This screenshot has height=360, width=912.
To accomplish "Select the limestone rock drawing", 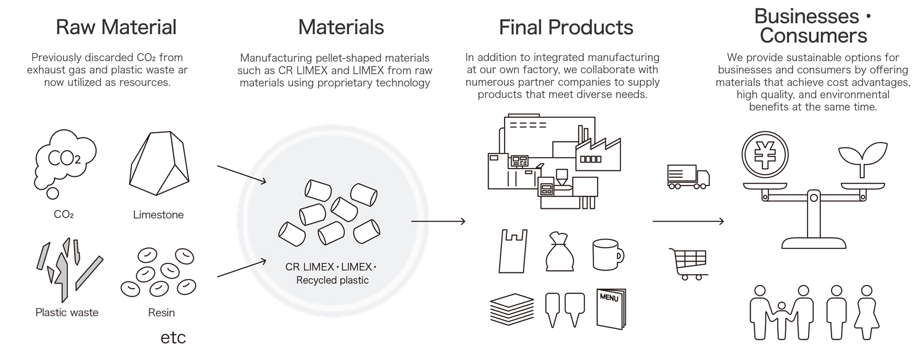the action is pyautogui.click(x=159, y=163).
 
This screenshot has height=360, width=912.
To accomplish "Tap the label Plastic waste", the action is pyautogui.click(x=67, y=313).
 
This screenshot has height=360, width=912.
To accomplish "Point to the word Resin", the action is pyautogui.click(x=161, y=313).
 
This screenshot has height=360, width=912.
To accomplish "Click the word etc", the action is pyautogui.click(x=173, y=337).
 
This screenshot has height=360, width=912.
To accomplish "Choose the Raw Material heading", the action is pyautogui.click(x=116, y=27).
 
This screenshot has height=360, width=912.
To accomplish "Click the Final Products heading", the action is pyautogui.click(x=566, y=27).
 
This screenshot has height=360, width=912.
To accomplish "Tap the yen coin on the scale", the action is pyautogui.click(x=765, y=155).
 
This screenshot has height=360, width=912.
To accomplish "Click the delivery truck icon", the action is pyautogui.click(x=688, y=177).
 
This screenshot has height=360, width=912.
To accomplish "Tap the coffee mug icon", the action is pyautogui.click(x=608, y=254).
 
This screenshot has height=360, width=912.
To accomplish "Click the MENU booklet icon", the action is pyautogui.click(x=611, y=308).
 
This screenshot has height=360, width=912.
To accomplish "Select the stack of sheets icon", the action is pyautogui.click(x=512, y=309).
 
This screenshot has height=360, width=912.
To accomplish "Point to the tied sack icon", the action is pyautogui.click(x=560, y=251).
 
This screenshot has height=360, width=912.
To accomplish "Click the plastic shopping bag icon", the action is pyautogui.click(x=513, y=251).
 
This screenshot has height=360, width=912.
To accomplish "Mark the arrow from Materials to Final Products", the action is pyautogui.click(x=438, y=221).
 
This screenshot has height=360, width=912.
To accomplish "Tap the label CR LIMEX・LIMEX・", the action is pyautogui.click(x=331, y=267).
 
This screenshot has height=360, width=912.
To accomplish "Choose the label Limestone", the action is pyautogui.click(x=158, y=215).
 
